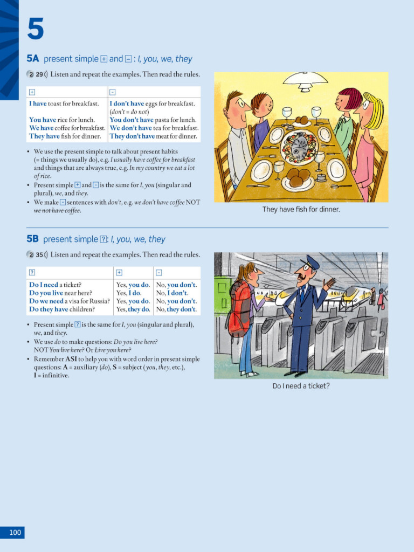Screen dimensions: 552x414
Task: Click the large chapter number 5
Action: (36, 29)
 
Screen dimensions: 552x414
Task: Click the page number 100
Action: (15, 533)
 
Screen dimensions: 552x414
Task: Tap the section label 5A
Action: (33, 59)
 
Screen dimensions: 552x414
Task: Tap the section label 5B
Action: (33, 239)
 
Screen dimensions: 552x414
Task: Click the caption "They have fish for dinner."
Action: (301, 209)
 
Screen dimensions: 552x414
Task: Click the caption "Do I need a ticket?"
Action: (301, 385)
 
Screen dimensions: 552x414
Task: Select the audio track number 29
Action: (39, 74)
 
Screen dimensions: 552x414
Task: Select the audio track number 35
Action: (39, 254)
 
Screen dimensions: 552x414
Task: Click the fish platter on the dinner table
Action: (299, 146)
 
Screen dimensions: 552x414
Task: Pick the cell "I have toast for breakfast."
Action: (64, 103)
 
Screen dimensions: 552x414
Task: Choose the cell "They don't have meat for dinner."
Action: (153, 136)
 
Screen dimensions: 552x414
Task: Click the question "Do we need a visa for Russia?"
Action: (70, 301)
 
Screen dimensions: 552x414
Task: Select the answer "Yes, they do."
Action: (133, 309)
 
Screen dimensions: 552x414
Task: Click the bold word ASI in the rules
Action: (71, 359)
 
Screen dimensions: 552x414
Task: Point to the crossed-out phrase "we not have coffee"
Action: (57, 210)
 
